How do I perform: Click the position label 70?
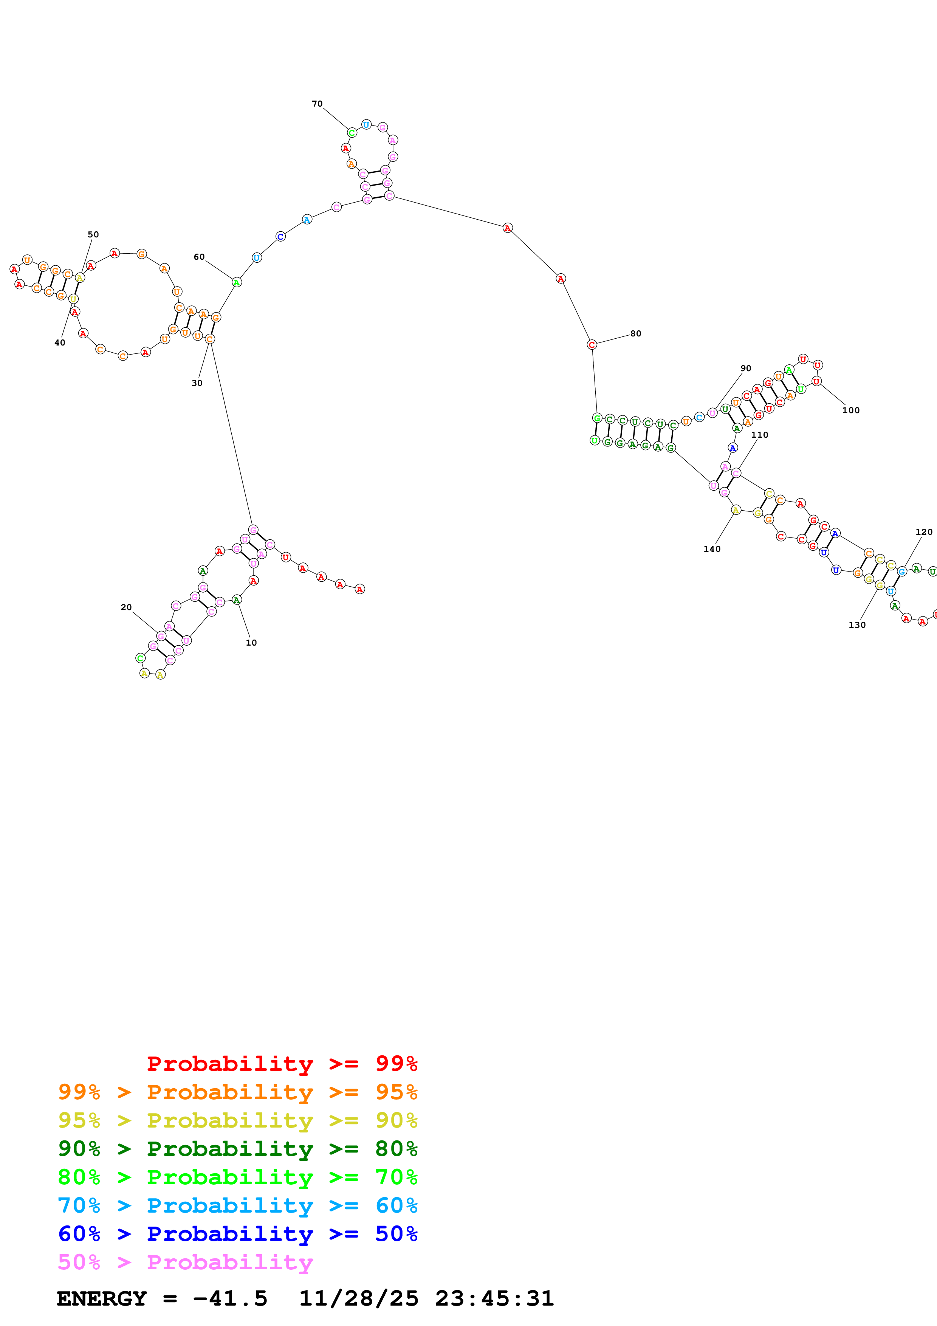[317, 104]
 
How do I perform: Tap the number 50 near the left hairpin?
[93, 234]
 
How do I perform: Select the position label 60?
[199, 257]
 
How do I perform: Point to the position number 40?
[59, 342]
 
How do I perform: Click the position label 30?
[197, 383]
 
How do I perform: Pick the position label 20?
[126, 607]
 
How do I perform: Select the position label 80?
[636, 333]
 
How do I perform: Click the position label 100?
[851, 410]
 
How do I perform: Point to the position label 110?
[760, 435]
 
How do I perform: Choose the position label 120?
[924, 532]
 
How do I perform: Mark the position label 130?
[857, 625]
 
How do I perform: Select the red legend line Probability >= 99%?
[282, 1063]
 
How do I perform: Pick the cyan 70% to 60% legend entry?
[237, 1205]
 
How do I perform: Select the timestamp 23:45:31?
[494, 1298]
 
